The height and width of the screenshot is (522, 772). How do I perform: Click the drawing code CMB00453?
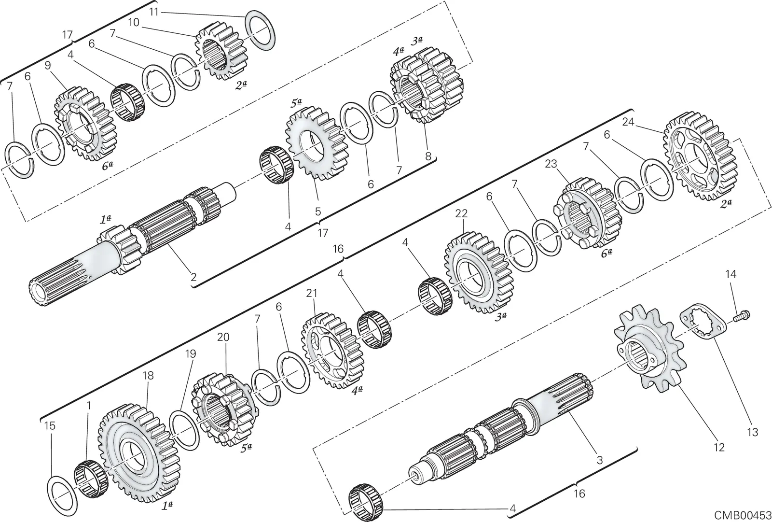point(743,515)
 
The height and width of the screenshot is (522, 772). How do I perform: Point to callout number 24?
point(628,122)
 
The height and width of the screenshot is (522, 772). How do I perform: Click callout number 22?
point(461,213)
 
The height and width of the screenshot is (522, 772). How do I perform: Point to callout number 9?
point(48,66)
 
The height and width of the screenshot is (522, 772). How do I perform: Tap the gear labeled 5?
point(317,143)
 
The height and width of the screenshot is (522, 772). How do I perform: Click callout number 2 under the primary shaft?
point(193,277)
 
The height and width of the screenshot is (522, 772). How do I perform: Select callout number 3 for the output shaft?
point(600,460)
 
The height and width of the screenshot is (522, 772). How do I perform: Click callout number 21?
point(312,294)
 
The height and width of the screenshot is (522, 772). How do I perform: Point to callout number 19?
point(190,354)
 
